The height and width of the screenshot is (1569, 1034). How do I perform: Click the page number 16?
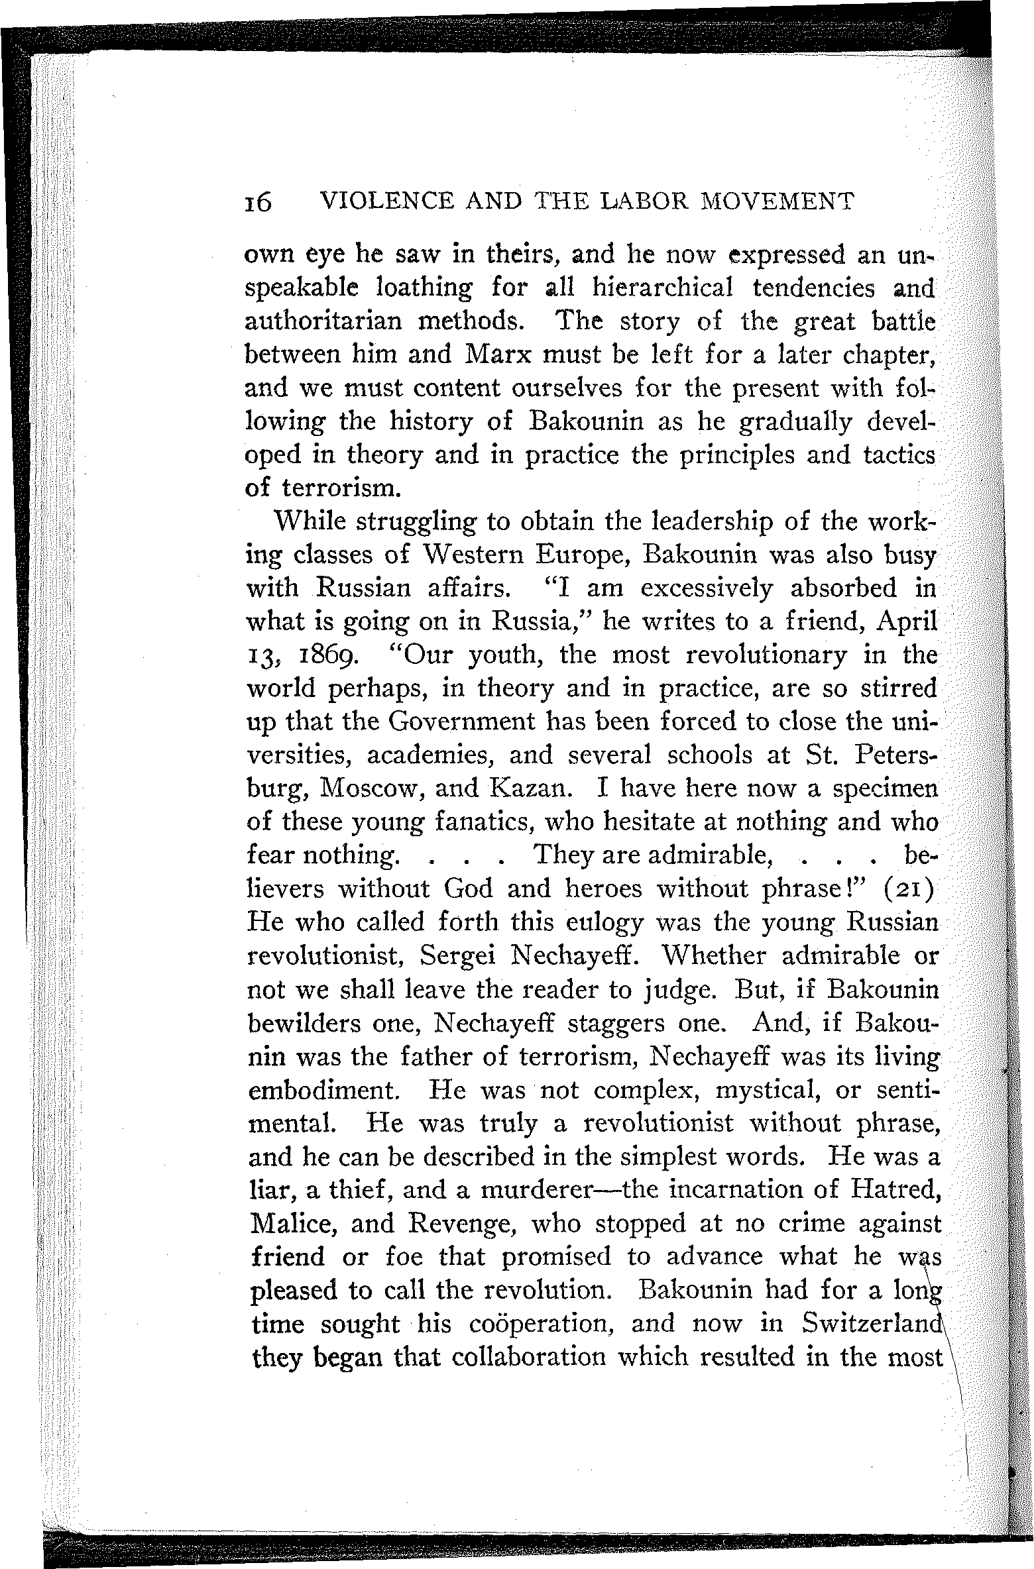coord(258,203)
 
